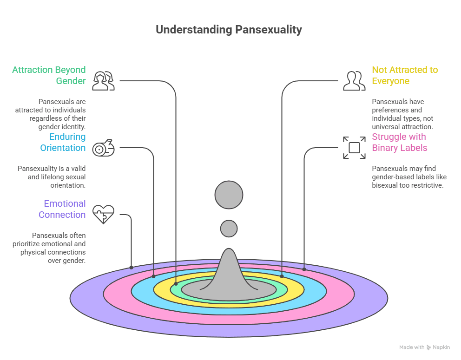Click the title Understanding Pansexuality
coord(229,30)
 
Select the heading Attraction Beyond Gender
coord(49,75)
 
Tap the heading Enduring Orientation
coord(62,142)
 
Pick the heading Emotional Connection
coord(62,209)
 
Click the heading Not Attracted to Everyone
coord(404,75)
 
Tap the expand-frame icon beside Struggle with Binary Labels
coord(354,148)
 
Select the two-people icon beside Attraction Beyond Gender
coord(103,81)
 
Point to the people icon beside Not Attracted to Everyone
coord(354,81)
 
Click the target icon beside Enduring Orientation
coord(103,148)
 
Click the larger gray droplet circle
coord(229,195)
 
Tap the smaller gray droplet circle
coord(229,229)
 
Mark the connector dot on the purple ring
coord(132,268)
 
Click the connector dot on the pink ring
coord(304,269)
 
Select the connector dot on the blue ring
coord(154,276)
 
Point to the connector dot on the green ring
coord(176,283)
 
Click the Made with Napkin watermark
coord(424,347)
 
